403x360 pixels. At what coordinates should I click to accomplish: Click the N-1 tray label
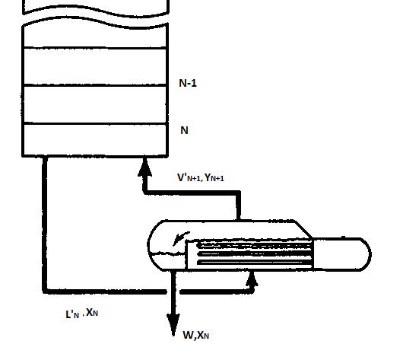[x=188, y=83]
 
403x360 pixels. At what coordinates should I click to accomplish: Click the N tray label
[x=184, y=130]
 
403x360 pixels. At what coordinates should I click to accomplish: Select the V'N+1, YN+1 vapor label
[x=200, y=178]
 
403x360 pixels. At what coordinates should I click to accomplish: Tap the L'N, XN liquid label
[x=82, y=313]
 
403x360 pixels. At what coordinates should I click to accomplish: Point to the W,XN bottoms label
[x=195, y=335]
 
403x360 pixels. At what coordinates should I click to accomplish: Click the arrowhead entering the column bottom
[x=144, y=165]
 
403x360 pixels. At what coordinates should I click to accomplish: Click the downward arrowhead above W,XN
[x=173, y=320]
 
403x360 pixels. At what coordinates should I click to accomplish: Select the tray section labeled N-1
[x=95, y=104]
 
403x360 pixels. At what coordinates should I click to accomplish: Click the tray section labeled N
[x=95, y=140]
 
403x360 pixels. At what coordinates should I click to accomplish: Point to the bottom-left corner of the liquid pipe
[x=46, y=289]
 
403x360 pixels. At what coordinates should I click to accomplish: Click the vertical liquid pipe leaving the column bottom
[x=45, y=221]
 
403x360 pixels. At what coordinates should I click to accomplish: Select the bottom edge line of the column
[x=95, y=156]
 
